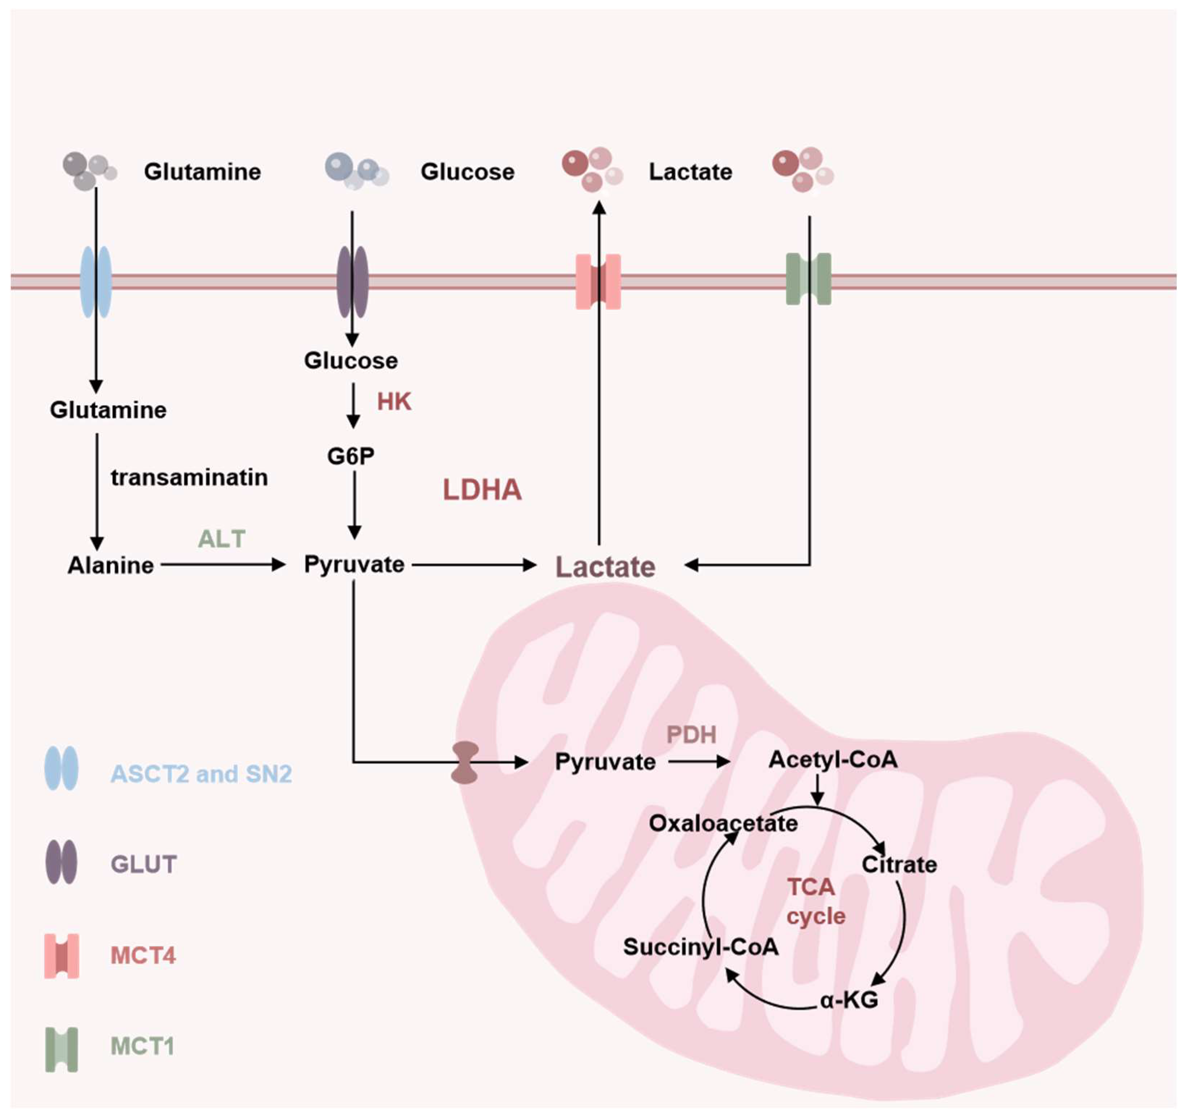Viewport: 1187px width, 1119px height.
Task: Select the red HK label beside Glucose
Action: coord(394,402)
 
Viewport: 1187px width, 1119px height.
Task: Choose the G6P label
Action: coord(351,456)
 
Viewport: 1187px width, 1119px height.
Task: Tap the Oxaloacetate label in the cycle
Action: coord(723,824)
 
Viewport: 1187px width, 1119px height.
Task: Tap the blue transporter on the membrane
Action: coord(96,282)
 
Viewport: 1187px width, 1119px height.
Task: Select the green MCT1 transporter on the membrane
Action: coord(809,279)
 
